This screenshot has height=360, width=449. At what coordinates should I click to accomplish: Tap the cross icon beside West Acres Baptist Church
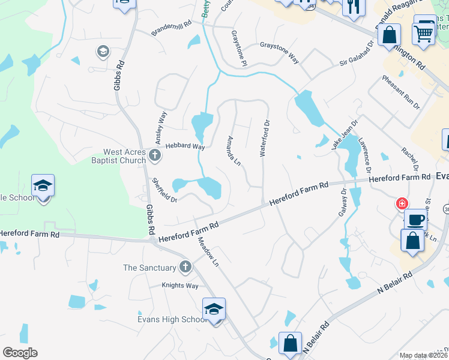[155, 156]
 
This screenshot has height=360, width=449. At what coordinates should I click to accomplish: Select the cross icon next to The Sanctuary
[185, 267]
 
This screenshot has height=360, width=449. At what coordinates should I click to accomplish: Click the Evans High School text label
[172, 319]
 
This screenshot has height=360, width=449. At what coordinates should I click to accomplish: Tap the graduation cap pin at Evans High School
[214, 310]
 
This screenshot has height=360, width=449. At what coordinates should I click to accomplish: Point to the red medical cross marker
[401, 204]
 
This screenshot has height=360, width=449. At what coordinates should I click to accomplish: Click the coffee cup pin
[416, 220]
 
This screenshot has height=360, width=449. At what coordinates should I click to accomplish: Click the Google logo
[20, 353]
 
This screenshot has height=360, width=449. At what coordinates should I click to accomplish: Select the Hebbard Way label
[185, 146]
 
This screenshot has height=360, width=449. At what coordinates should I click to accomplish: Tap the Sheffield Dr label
[164, 190]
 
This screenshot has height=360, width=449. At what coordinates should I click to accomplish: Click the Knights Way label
[180, 286]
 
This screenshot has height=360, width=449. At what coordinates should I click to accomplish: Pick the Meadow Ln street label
[208, 251]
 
